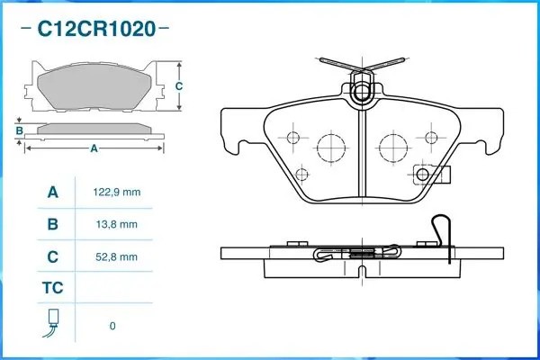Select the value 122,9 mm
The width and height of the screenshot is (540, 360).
point(116,193)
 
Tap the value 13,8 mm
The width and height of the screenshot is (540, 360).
point(116,224)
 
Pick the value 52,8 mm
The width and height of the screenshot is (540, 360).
point(116,256)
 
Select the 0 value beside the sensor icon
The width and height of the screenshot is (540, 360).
point(112,326)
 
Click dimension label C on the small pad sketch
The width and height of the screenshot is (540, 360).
point(179,86)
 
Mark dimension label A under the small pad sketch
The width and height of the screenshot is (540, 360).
point(93,149)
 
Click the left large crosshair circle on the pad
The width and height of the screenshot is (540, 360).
point(330,145)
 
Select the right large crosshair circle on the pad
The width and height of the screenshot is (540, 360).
point(393,145)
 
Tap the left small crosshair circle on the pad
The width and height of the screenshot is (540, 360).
point(292,138)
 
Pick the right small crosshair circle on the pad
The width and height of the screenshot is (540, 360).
point(431,138)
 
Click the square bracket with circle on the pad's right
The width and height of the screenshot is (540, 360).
point(421,175)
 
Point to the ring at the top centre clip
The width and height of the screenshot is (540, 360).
point(361,92)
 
